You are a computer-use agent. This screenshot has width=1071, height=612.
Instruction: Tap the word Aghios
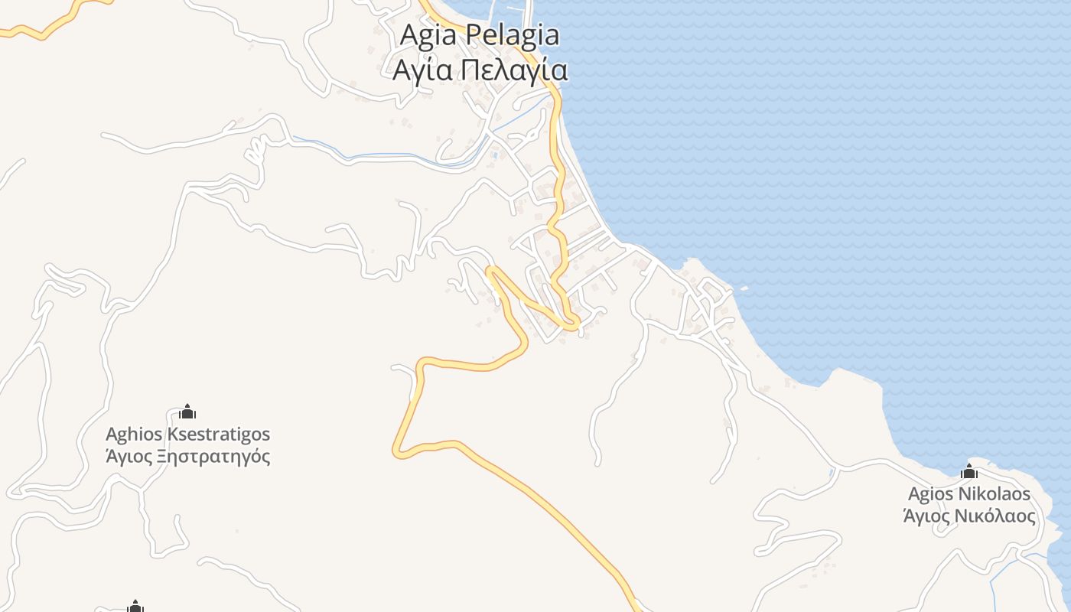coord(134,435)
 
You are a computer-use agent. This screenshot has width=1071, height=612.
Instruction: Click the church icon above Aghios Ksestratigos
coord(187,412)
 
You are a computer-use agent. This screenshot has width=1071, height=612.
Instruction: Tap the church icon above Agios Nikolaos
coord(969,471)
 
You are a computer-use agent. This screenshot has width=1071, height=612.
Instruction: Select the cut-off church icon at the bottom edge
coord(135,607)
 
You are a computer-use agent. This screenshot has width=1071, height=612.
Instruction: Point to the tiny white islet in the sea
coord(744,288)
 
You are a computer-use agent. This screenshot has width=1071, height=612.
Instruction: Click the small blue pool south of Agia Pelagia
coord(495,155)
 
